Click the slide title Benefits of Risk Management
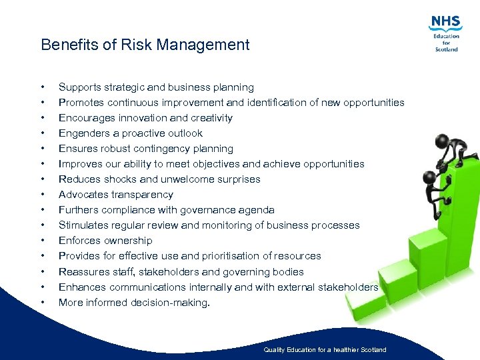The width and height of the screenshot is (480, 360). (145, 45)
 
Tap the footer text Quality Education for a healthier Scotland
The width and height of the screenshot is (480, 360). (325, 350)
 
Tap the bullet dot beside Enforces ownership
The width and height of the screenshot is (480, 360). (42, 241)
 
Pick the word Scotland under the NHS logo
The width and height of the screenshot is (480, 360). (446, 49)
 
